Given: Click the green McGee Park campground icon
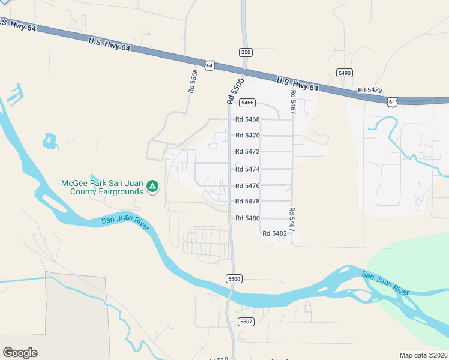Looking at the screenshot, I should tap(153, 187).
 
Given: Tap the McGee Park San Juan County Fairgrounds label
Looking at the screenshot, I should tap(103, 187).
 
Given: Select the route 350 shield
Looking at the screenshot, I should tap(245, 52).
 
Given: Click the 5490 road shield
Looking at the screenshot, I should tap(344, 73).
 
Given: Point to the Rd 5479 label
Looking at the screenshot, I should tap(370, 90).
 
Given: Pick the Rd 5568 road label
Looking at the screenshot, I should tap(193, 80).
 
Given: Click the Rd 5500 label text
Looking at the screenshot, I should tap(235, 91).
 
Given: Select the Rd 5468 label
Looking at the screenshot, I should tap(247, 119).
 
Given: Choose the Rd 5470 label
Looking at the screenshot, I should tap(247, 136).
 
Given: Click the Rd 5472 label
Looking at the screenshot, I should tap(247, 152).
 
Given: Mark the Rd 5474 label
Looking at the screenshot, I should tap(247, 169).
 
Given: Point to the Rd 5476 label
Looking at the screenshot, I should tap(247, 185).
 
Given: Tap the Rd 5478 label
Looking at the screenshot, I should tap(247, 201).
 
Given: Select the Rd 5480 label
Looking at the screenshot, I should tap(247, 218).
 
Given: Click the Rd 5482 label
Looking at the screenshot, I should tap(274, 233).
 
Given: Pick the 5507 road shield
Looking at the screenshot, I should tap(246, 322).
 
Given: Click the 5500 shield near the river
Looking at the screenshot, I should tap(234, 279).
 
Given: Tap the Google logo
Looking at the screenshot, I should tap(20, 353).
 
